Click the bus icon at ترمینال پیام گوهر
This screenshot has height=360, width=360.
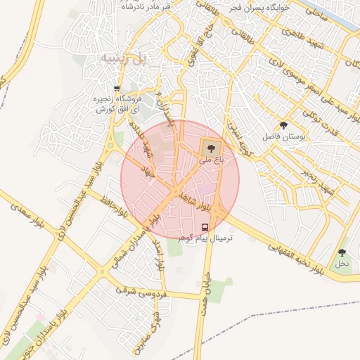pyautogui.click(x=205, y=227)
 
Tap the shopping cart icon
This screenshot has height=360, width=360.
pyautogui.click(x=116, y=89)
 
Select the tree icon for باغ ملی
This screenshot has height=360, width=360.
pyautogui.click(x=210, y=148)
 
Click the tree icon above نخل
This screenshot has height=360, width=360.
pyautogui.click(x=342, y=252)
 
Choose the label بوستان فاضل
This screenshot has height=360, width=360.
pyautogui.click(x=284, y=136)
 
